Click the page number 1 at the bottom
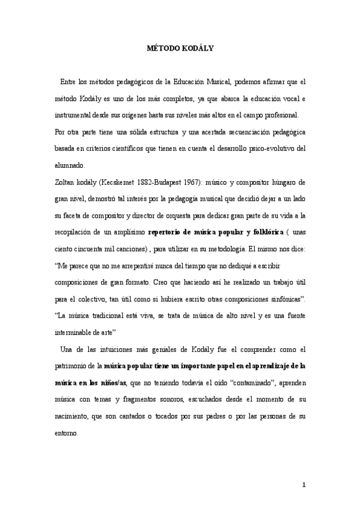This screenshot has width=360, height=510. click(x=304, y=484)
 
